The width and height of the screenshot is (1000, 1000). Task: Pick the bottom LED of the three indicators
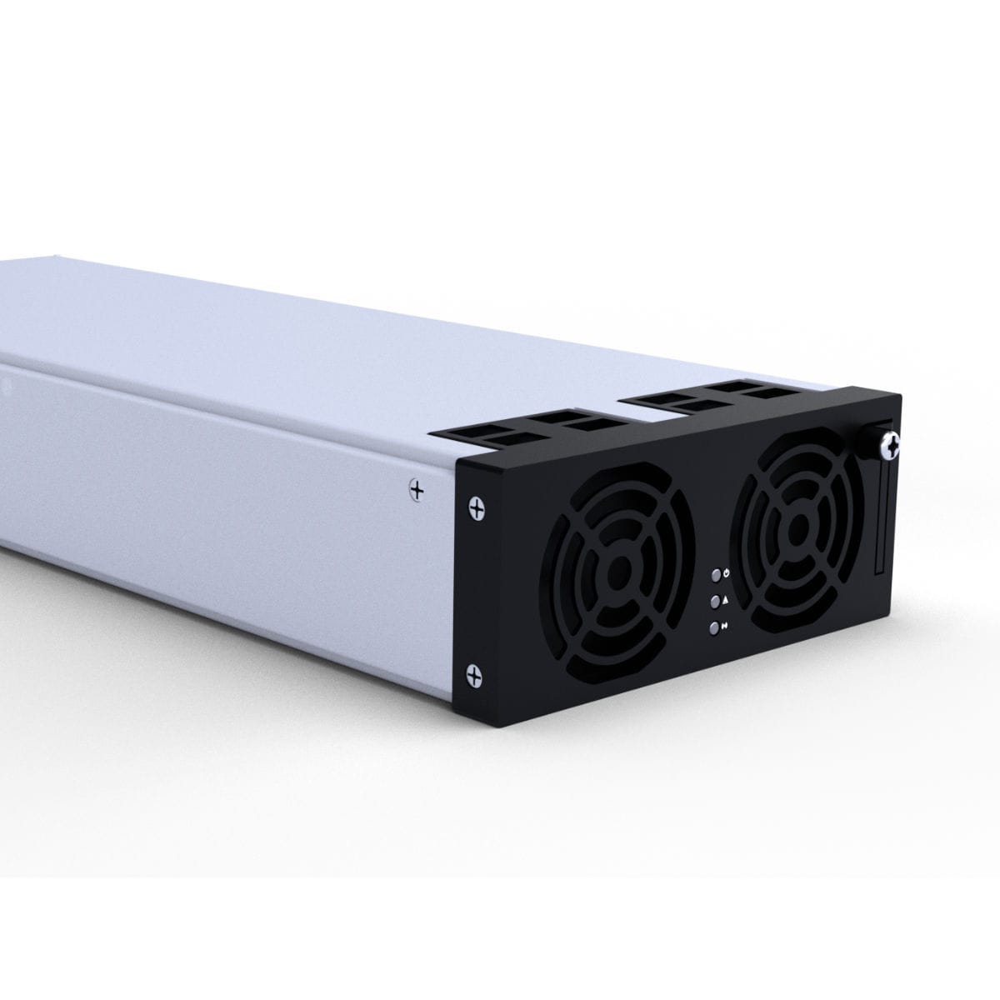(714, 628)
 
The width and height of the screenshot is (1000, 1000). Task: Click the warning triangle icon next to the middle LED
(727, 599)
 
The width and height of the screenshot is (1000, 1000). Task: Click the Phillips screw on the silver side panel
(417, 489)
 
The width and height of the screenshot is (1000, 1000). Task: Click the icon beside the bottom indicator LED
(727, 626)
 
